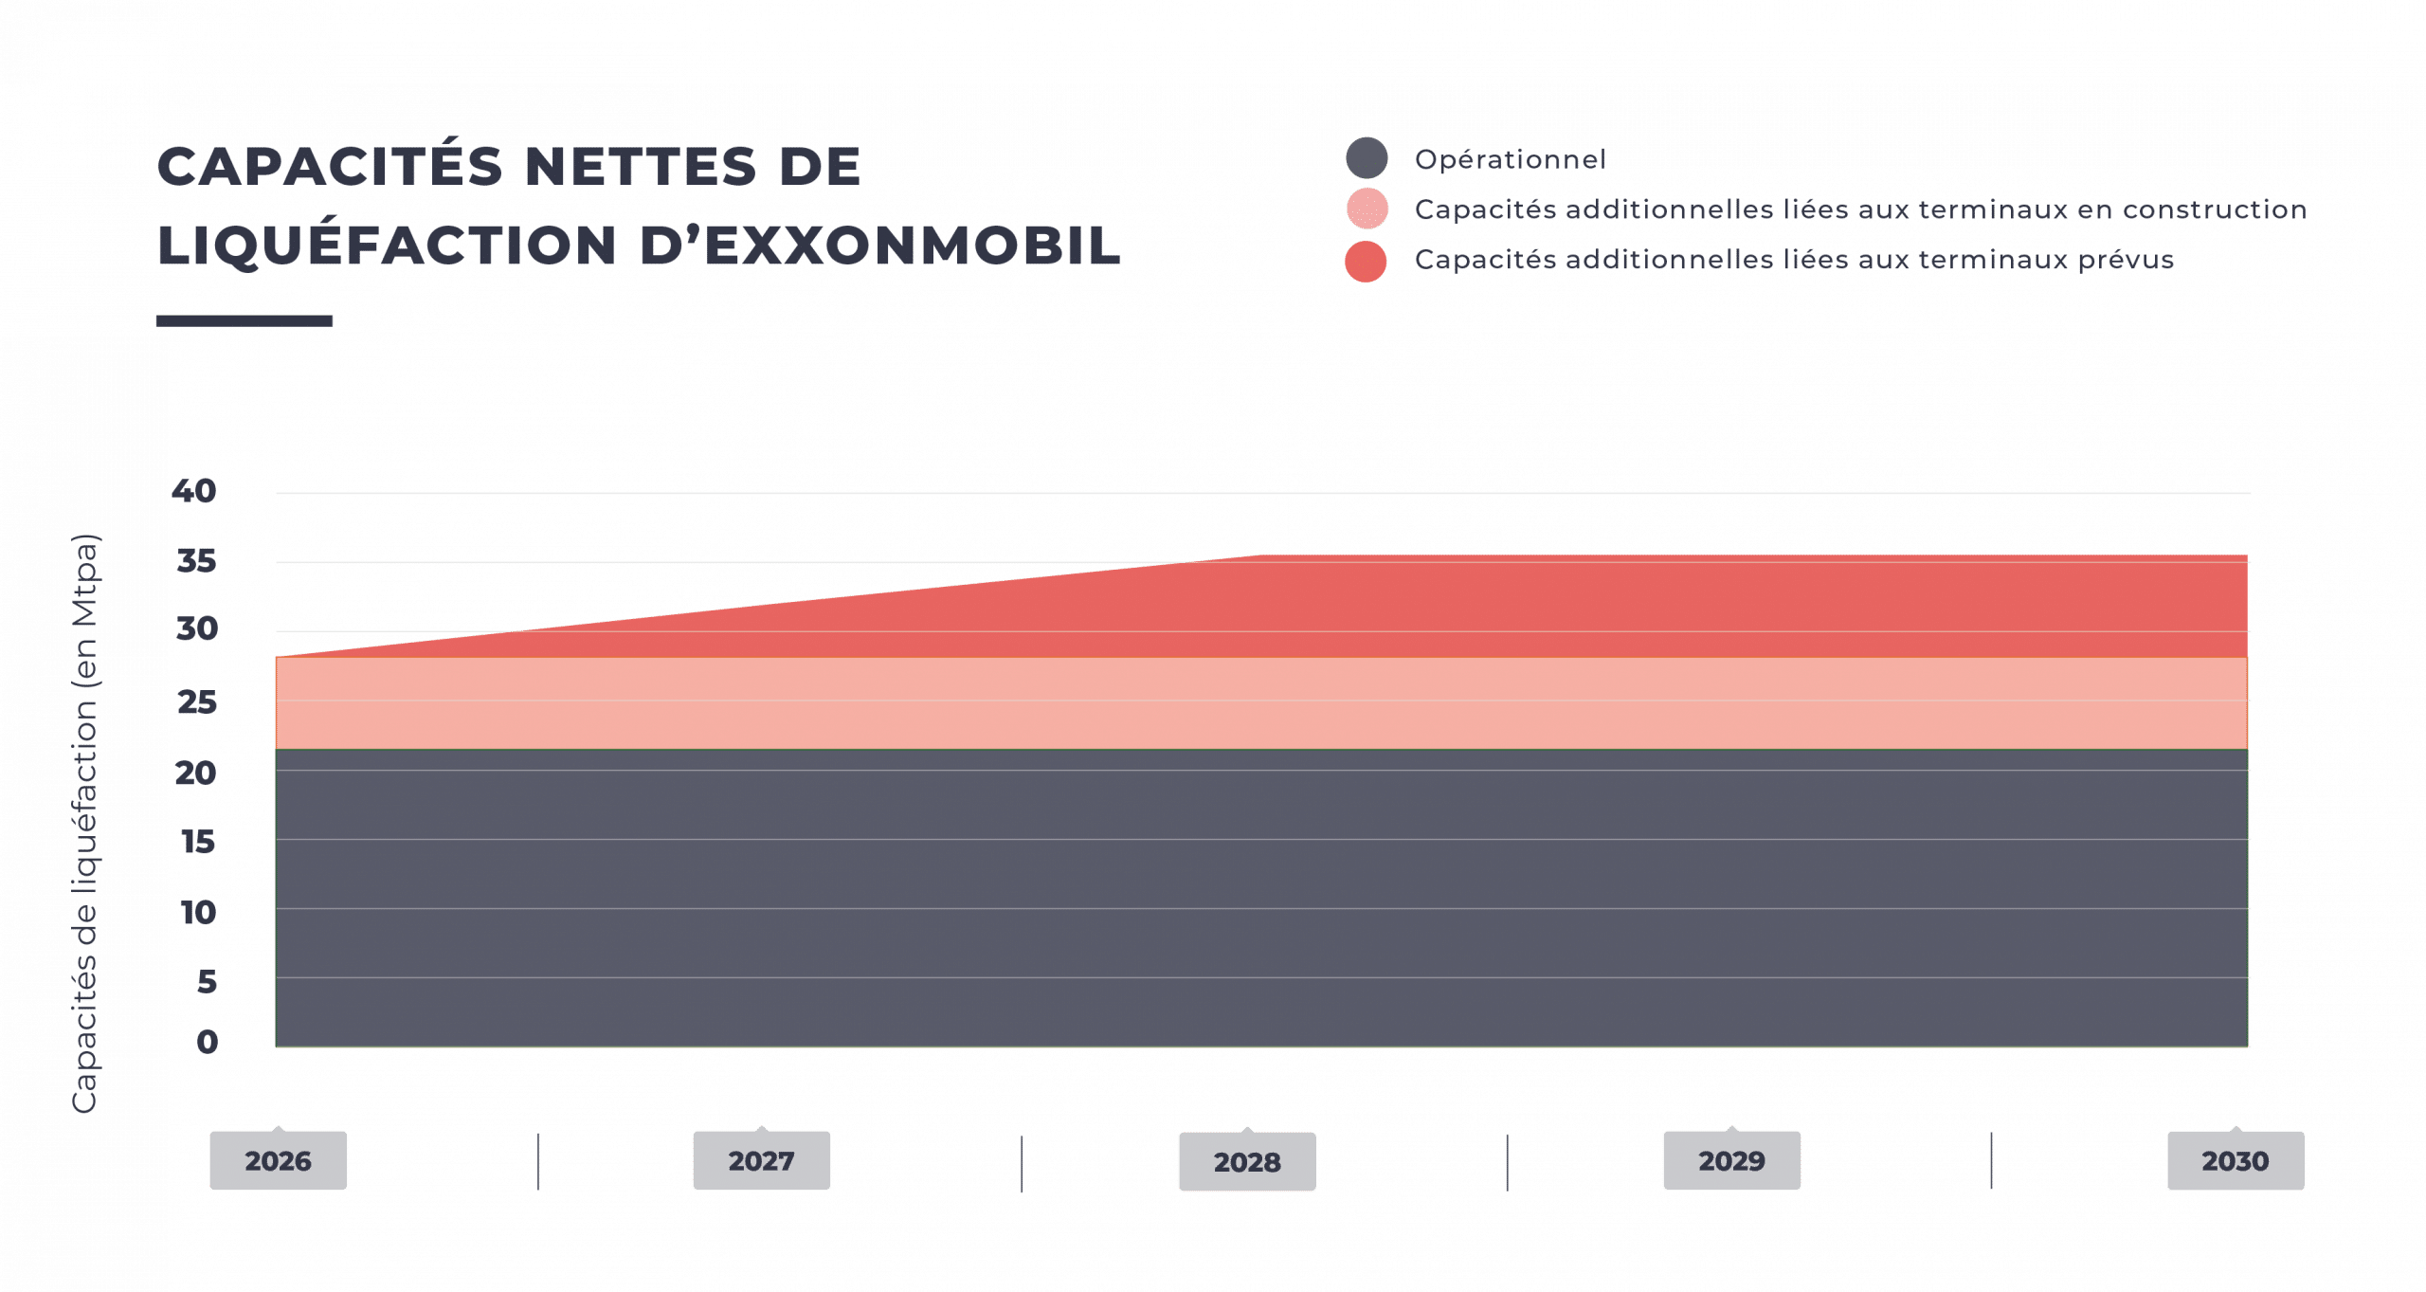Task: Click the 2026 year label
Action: pyautogui.click(x=278, y=1160)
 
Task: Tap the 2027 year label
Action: pyautogui.click(x=761, y=1160)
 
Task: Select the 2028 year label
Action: pyautogui.click(x=1247, y=1161)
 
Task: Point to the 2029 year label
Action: pyautogui.click(x=1731, y=1160)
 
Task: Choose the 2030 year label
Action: pyautogui.click(x=2236, y=1160)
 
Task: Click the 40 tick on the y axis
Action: pyautogui.click(x=194, y=491)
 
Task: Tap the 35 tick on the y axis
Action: pyautogui.click(x=196, y=561)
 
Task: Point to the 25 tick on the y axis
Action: pyautogui.click(x=197, y=702)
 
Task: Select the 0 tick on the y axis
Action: pyautogui.click(x=208, y=1042)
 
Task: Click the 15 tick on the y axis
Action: pyautogui.click(x=198, y=842)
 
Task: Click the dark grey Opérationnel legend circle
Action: pyautogui.click(x=1367, y=157)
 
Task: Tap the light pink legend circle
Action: pyautogui.click(x=1367, y=209)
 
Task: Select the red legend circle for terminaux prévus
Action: pyautogui.click(x=1366, y=261)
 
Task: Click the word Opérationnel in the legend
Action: pyautogui.click(x=1511, y=159)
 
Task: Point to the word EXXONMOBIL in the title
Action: pyautogui.click(x=913, y=246)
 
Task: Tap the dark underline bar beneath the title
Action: pyautogui.click(x=244, y=320)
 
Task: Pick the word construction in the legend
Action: pyautogui.click(x=2215, y=209)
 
